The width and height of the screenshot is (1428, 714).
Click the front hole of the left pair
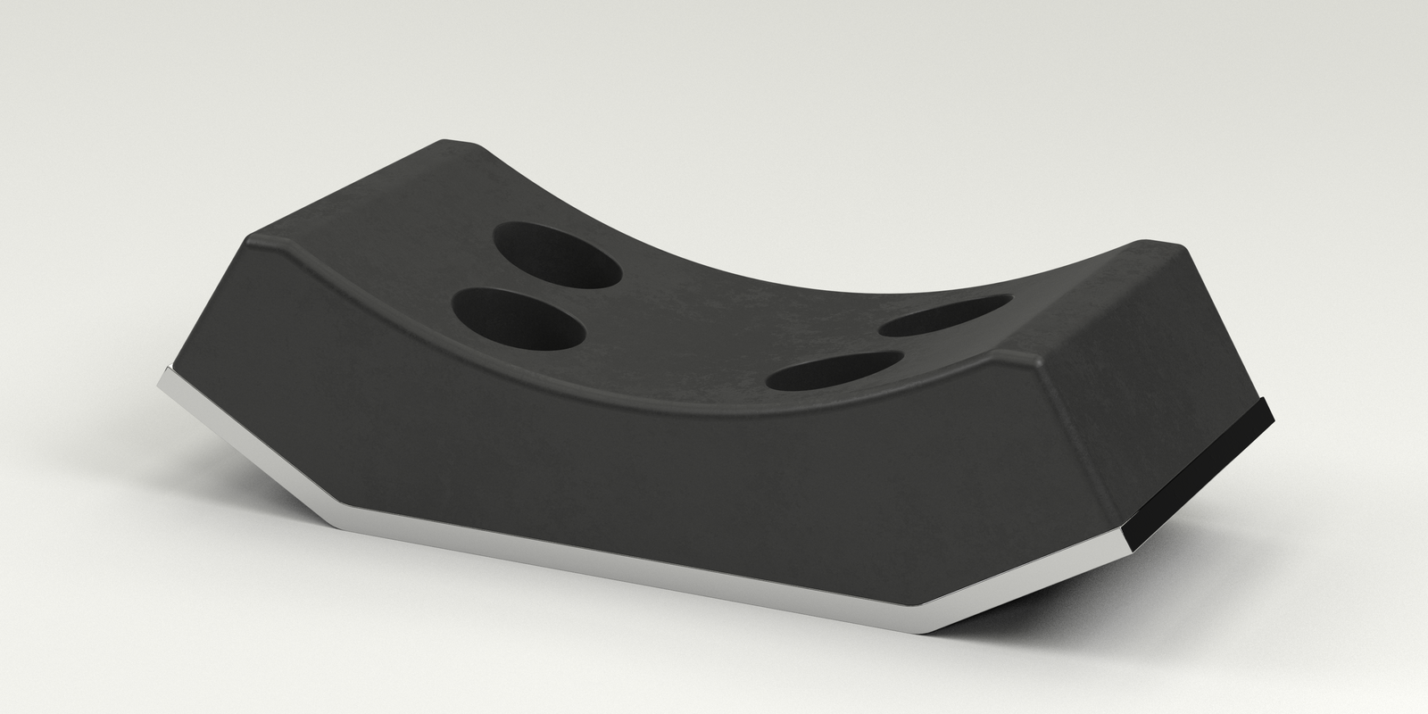click(519, 318)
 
